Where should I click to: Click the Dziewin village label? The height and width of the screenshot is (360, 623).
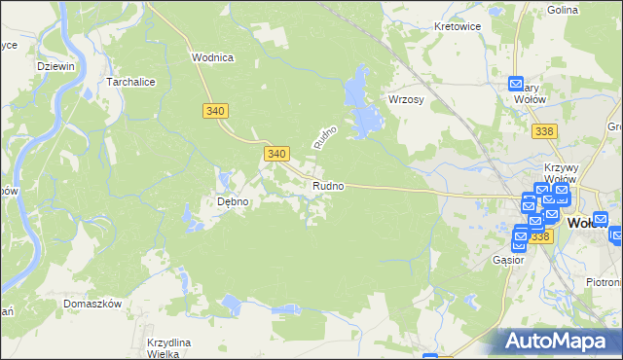coord(55,65)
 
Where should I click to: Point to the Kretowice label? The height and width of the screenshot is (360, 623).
coord(458,26)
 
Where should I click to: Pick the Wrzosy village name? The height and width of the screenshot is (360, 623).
coord(408,100)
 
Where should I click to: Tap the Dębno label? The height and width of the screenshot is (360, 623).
coord(233,202)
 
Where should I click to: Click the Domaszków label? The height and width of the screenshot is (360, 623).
coord(92,304)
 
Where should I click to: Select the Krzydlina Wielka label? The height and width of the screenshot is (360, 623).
coord(168,348)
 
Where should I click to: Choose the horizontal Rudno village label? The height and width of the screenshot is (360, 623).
coord(328,186)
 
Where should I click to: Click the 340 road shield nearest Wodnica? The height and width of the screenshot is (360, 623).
coord(216,112)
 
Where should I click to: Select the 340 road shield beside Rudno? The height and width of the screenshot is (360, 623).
coord(275,154)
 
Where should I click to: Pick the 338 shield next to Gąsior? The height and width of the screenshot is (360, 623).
coord(540,236)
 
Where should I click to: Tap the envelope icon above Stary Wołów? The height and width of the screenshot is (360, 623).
coord(518,86)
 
